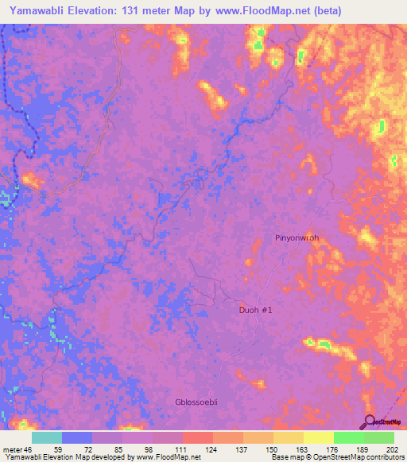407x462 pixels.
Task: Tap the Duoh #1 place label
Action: [257, 310]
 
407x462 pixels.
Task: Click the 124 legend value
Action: [212, 449]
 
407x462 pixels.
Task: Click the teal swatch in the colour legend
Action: [47, 437]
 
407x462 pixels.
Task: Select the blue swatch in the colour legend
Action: [77, 437]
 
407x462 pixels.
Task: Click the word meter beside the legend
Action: [13, 449]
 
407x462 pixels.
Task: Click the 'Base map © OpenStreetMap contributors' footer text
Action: [336, 458]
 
